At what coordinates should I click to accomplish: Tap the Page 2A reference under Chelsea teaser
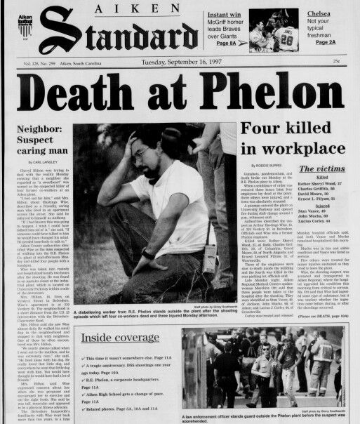point(328,41)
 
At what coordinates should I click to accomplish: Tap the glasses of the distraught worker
point(141,153)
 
